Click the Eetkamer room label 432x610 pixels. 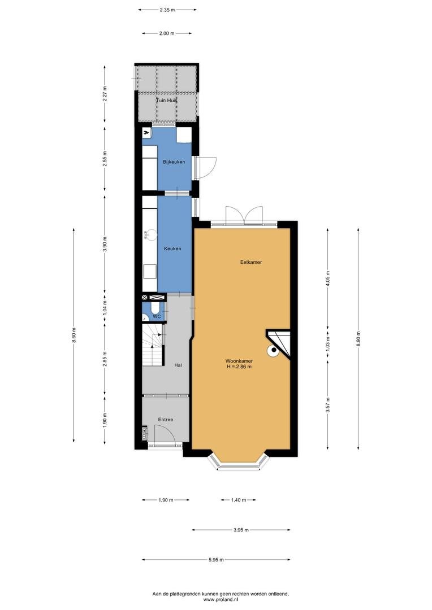[x=251, y=262]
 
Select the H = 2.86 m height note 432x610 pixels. [x=239, y=367]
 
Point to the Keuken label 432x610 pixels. [x=172, y=249]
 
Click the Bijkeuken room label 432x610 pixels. [x=174, y=162]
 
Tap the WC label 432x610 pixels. [x=157, y=317]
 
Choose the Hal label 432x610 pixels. [x=179, y=365]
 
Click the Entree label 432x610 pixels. [x=165, y=420]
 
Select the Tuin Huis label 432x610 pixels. [x=167, y=101]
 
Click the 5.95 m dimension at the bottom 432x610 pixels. [x=216, y=560]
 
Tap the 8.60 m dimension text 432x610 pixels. [x=74, y=335]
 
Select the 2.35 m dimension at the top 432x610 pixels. [x=167, y=10]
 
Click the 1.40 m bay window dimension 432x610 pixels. [x=239, y=500]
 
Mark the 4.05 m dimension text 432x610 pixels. [x=327, y=278]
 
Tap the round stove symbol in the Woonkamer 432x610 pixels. [x=273, y=351]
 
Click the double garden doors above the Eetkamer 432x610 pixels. [x=244, y=215]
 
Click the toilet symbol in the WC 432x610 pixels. [x=155, y=309]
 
